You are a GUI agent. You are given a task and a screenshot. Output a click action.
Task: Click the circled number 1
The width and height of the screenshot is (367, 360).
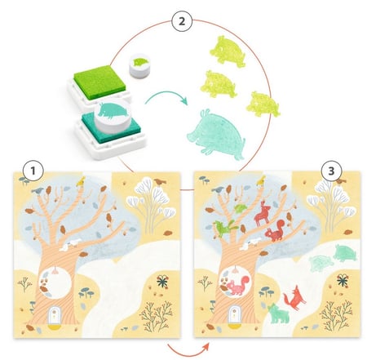point(33,171)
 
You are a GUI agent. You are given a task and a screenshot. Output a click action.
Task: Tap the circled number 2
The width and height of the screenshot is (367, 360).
point(182,21)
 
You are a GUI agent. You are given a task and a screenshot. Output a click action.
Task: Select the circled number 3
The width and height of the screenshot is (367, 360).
point(331,171)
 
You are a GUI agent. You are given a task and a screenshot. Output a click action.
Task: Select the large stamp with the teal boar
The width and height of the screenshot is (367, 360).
point(113,117)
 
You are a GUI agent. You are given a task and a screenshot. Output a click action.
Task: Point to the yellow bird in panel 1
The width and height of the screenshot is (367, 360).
point(81,182)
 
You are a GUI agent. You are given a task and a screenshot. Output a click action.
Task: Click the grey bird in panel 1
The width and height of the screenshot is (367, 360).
point(38,191)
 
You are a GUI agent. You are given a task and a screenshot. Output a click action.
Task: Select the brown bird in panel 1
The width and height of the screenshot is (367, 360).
point(160,181)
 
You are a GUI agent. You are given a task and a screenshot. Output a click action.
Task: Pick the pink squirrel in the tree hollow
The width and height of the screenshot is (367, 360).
point(237,286)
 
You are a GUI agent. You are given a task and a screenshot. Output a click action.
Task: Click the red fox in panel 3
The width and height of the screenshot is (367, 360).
point(294,298)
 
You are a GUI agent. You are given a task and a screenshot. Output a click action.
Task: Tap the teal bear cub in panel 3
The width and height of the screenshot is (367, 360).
point(278,313)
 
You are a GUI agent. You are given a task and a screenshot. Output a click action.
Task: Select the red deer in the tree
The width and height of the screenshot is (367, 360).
point(263,214)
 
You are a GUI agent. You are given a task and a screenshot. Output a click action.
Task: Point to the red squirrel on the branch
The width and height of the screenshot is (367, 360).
point(275,230)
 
